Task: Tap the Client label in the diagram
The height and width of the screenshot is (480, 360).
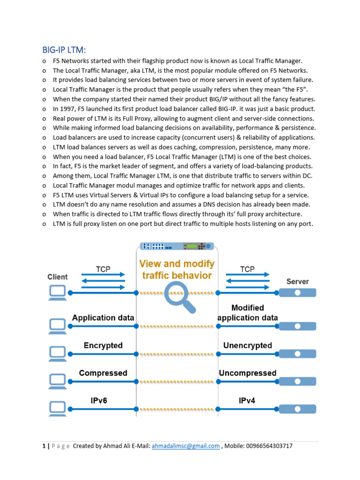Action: tap(58, 277)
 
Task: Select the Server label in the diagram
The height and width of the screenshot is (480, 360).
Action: tap(298, 281)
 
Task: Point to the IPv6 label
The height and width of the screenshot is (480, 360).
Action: tap(101, 400)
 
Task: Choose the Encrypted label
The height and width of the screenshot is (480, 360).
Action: tap(103, 345)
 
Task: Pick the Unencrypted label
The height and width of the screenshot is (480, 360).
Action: tap(247, 345)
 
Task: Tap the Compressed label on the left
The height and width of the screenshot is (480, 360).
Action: tap(103, 373)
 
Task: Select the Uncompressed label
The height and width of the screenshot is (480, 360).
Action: tap(247, 373)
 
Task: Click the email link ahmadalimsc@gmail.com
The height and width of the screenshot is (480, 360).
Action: tap(186, 446)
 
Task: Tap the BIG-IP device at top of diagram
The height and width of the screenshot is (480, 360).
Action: tap(177, 246)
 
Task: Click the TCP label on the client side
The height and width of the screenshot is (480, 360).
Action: tap(103, 269)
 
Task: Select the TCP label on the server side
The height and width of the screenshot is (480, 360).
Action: tap(247, 269)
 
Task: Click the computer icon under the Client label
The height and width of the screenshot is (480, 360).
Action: tap(58, 292)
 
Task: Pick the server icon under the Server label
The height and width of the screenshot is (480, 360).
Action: tap(298, 292)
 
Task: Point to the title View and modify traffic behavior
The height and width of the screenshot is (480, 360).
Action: tap(177, 270)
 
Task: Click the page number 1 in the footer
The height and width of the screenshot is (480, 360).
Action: tap(43, 446)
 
